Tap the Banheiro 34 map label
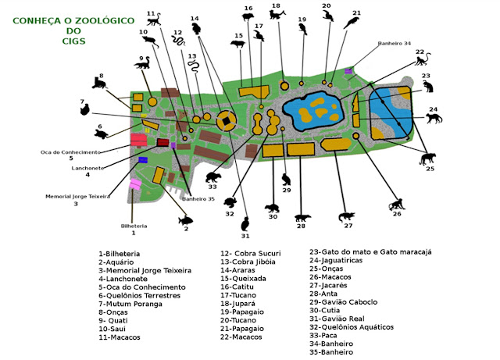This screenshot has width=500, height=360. (395, 44)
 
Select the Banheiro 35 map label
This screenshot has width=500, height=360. (198, 199)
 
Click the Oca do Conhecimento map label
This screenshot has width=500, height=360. (72, 151)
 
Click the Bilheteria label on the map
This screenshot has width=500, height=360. (134, 226)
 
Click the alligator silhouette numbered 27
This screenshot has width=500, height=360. (345, 216)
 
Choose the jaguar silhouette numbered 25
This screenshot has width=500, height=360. (428, 159)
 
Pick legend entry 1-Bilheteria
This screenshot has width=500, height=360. (119, 254)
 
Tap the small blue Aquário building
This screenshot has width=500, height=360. (143, 159)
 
